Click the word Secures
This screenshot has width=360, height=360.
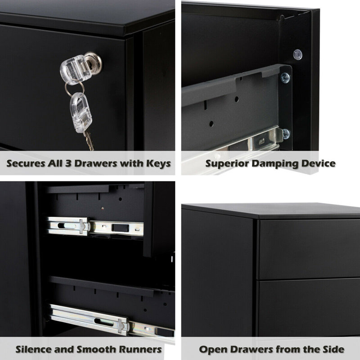28,163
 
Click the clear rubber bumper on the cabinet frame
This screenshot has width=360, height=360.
297,54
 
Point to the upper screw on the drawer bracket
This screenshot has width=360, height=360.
285,78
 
